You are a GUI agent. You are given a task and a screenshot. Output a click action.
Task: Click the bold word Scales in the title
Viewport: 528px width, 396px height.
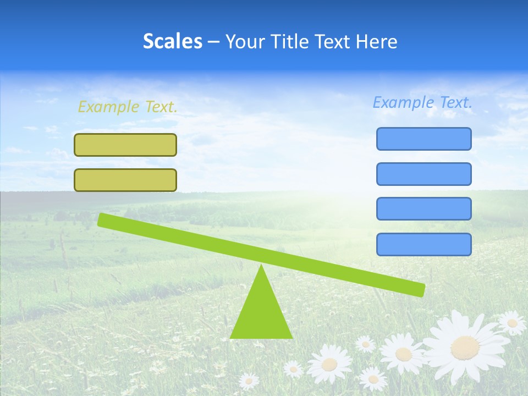172,41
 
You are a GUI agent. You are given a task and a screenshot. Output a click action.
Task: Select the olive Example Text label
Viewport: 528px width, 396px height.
128,107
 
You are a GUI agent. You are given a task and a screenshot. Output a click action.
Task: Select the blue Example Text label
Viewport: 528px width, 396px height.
422,102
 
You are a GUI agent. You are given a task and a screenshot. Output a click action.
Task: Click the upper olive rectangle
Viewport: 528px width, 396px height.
125,145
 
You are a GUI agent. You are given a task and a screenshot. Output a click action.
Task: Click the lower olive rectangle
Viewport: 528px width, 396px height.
125,180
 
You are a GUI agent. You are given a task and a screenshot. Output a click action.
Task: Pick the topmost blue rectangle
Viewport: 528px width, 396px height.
424,139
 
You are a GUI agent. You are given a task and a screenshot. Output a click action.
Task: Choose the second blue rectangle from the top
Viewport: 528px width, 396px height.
424,174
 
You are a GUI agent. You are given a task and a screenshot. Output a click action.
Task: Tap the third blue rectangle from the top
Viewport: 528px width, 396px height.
424,209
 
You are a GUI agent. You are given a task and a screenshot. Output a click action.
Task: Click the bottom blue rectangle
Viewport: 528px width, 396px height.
424,244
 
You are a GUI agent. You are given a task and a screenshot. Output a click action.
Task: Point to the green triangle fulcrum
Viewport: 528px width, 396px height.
261,313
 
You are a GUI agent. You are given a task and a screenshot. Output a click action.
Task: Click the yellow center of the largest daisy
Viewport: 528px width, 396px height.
465,347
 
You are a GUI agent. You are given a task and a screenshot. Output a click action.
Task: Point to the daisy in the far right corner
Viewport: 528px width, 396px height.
512,323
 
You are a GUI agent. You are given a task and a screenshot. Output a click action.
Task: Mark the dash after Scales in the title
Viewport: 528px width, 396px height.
214,42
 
